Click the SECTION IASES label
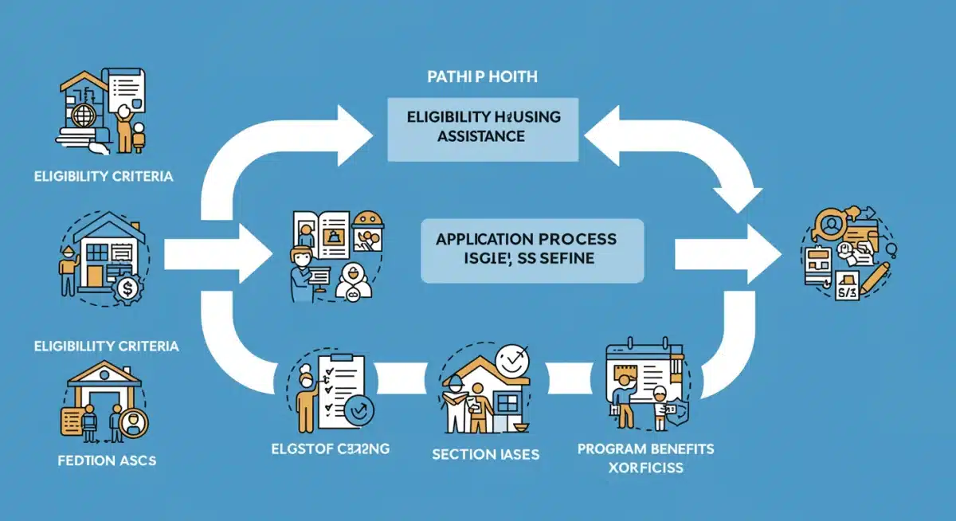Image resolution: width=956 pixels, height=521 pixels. click(x=485, y=455)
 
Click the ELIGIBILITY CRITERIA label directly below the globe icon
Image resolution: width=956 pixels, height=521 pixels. click(x=104, y=177)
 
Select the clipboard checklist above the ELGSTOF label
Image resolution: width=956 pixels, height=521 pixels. click(x=339, y=382)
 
